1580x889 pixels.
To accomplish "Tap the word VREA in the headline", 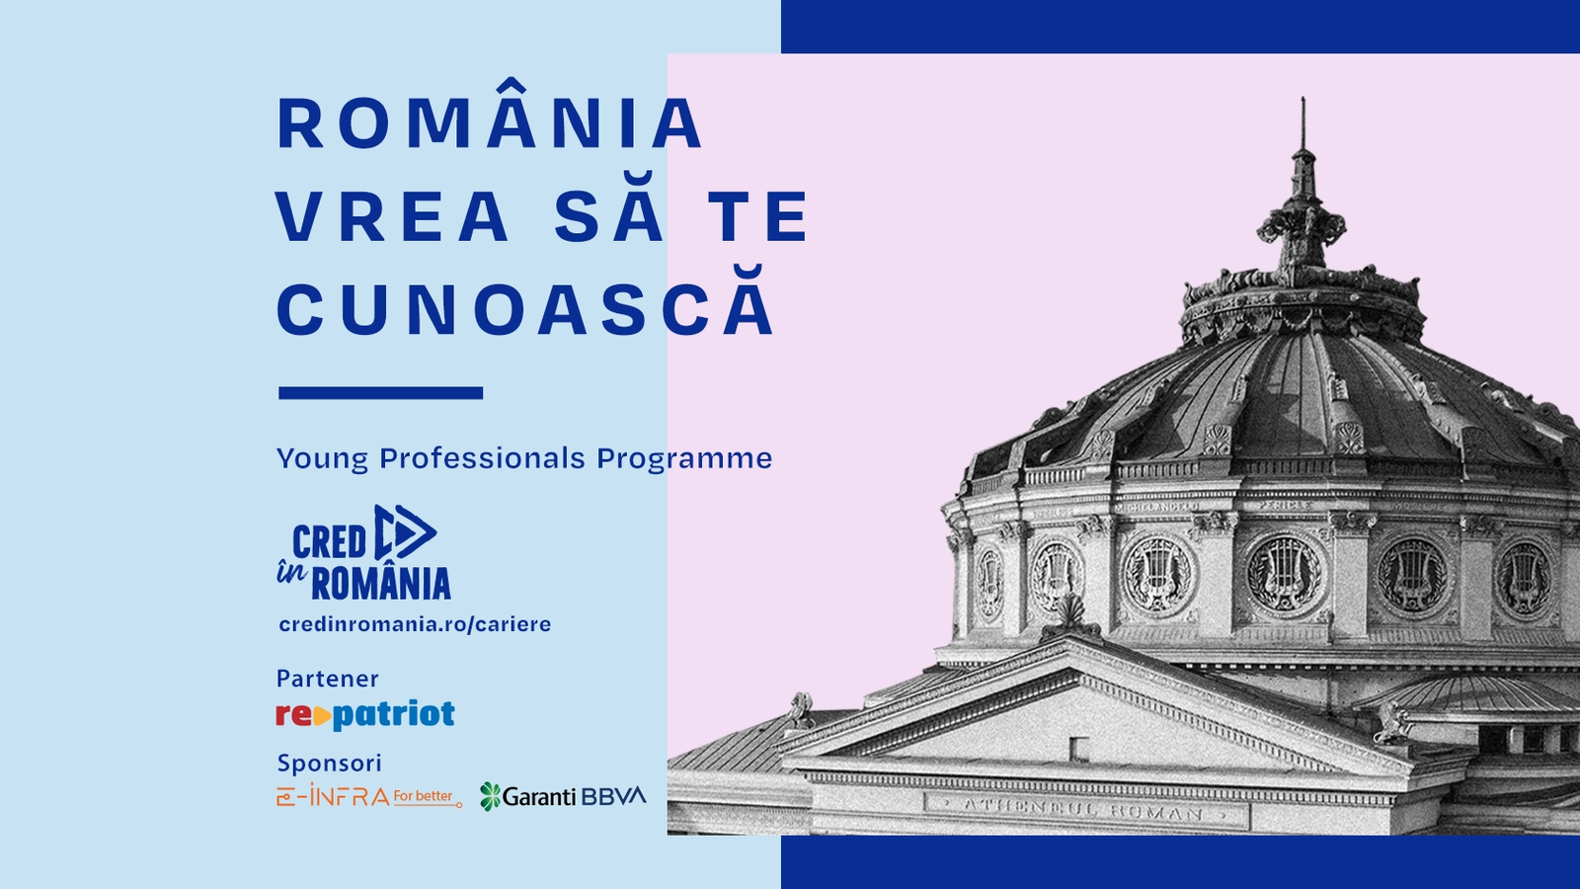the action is (x=392, y=216).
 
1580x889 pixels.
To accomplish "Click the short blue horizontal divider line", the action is (x=381, y=393).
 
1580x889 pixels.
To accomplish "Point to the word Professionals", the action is (x=483, y=458).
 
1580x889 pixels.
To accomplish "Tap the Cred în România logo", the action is (x=364, y=552).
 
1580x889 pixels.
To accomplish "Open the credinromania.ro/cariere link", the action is (x=415, y=624).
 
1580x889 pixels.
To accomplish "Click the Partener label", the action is (x=327, y=679).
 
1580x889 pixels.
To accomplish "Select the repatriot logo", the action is (x=365, y=715).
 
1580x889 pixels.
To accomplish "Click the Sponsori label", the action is (x=330, y=763).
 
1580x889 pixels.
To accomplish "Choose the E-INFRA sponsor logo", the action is (x=369, y=795).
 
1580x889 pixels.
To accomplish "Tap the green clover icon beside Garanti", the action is (x=490, y=796).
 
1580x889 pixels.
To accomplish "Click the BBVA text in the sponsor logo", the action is (x=613, y=796).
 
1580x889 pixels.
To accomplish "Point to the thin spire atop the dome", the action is (x=1303, y=123).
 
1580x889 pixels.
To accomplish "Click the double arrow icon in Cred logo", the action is (x=404, y=532).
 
